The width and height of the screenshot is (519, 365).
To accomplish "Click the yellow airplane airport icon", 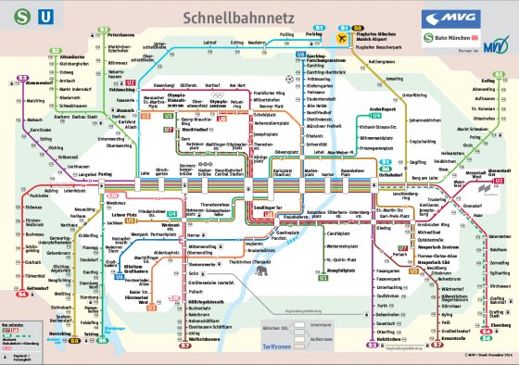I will tap(346, 39).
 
